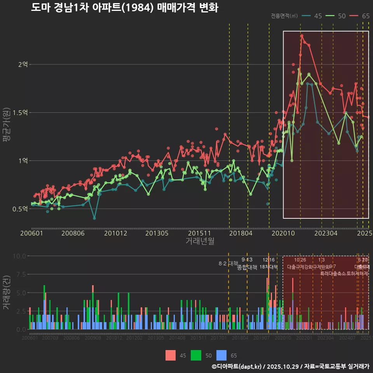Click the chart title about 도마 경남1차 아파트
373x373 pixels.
tap(124, 8)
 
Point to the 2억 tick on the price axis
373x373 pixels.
tap(23, 64)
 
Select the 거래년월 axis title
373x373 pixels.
tap(200, 241)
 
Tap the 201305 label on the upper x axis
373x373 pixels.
tap(157, 233)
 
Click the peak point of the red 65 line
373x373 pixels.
tap(302, 36)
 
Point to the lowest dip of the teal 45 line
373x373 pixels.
tap(94, 218)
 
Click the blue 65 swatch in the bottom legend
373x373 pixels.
tap(221, 355)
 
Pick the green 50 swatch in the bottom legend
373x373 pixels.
tap(196, 355)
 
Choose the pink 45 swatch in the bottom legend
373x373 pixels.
tap(171, 355)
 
